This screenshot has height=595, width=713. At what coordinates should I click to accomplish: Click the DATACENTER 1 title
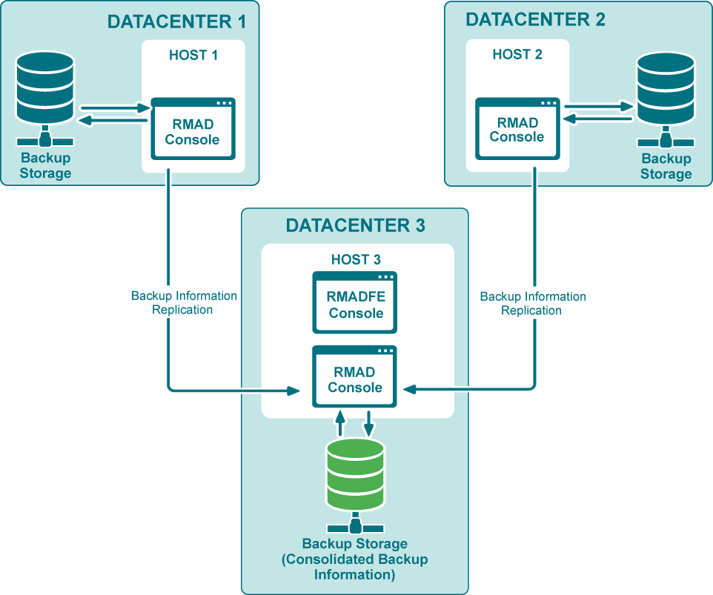pos(176,21)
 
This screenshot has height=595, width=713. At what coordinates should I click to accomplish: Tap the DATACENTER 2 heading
pos(535,19)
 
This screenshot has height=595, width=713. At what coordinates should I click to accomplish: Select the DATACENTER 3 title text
pos(356,225)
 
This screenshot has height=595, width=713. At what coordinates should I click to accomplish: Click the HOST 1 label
pos(193,56)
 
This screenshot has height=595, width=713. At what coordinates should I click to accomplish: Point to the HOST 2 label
pos(517,54)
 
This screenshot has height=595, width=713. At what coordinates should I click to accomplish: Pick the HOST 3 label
pos(356,259)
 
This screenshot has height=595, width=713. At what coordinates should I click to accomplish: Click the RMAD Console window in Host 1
pos(193,129)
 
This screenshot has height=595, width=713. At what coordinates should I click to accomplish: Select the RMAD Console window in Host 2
pos(517,129)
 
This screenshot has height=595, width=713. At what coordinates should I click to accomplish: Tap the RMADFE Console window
pos(355,303)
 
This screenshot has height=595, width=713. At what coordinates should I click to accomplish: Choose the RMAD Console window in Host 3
pos(355,377)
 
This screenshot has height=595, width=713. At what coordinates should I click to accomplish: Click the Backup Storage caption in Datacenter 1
pos(46,165)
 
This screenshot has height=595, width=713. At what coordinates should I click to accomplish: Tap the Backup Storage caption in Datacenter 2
pos(666,166)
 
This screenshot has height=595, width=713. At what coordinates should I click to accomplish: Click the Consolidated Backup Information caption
pos(355,559)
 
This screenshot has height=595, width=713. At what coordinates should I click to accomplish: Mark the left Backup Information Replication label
pos(184,302)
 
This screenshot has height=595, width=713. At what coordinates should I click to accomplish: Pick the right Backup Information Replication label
pos(532,303)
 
